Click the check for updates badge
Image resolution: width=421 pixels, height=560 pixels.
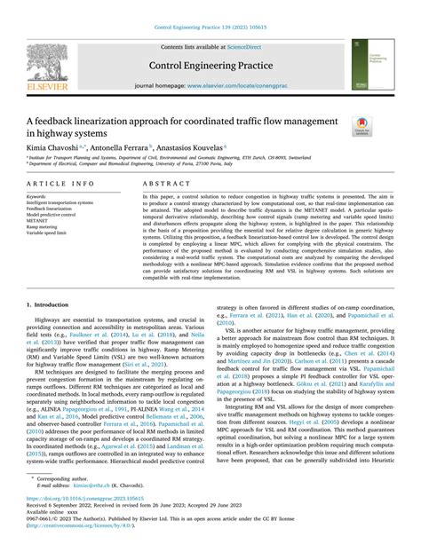pos(361,127)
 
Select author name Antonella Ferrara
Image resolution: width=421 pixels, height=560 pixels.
pos(124,146)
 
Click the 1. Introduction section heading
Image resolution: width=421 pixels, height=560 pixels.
pos(50,303)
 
